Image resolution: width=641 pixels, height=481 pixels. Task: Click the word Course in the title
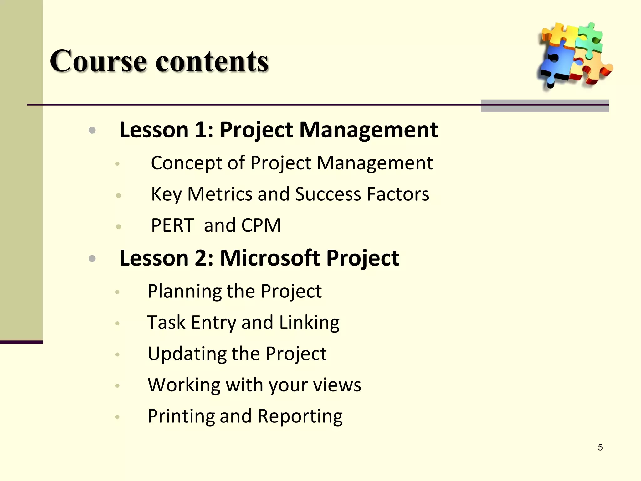pos(98,61)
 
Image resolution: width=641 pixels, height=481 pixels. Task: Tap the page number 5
pos(600,447)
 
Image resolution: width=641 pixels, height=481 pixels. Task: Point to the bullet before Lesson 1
pos(92,130)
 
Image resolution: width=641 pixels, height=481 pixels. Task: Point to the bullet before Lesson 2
pos(92,258)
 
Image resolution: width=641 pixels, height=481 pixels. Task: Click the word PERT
pos(172,225)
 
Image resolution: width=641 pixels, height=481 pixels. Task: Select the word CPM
pos(261,225)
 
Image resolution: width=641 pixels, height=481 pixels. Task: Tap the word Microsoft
pos(270,258)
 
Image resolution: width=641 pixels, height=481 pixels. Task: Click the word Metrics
pos(220,194)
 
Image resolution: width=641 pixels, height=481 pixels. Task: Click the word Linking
pos(309,323)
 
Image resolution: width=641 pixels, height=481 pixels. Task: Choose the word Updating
pos(187,354)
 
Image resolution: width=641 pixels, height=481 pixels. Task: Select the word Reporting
pos(300,416)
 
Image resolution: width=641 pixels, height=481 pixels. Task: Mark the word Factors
pos(397,194)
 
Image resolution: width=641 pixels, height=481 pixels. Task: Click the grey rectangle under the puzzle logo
pos(545,106)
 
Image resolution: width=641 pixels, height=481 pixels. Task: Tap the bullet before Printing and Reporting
pos(117,416)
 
